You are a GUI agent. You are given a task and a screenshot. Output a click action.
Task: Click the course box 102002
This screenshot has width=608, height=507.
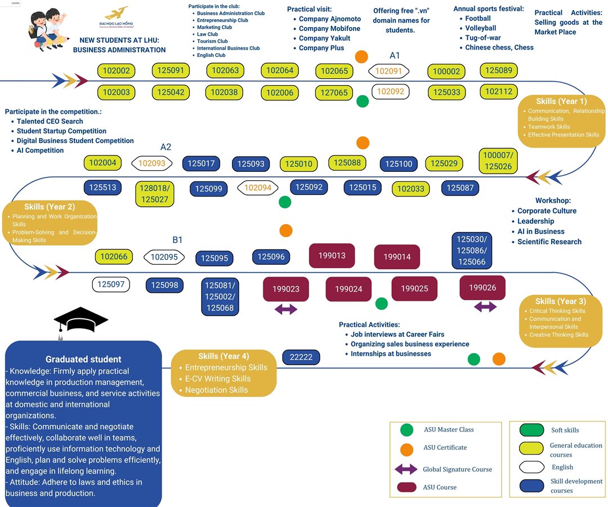(x=117, y=71)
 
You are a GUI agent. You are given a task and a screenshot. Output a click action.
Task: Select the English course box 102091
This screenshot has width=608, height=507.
(x=388, y=71)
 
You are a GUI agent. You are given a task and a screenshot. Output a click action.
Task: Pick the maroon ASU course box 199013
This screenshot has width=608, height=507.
(x=332, y=256)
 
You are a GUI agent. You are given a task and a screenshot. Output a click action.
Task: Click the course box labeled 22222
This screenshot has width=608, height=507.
(x=301, y=357)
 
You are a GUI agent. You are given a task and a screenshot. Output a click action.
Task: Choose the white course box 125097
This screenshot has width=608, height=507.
(x=111, y=284)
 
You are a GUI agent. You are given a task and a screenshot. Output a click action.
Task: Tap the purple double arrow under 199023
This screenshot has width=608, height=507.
(x=285, y=309)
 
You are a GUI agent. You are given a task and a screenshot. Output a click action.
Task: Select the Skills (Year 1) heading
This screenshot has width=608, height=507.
(x=561, y=101)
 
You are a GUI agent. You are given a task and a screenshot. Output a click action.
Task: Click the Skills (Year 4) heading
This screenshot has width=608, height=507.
(x=223, y=356)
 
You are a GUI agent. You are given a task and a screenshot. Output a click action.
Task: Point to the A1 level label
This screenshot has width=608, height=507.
(x=395, y=55)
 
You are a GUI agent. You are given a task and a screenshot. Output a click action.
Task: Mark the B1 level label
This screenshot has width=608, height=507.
(x=177, y=240)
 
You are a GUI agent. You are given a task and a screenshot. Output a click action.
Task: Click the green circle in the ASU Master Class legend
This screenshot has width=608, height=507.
(x=406, y=430)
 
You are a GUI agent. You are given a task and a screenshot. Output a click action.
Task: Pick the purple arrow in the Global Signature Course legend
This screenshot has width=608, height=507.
(x=406, y=469)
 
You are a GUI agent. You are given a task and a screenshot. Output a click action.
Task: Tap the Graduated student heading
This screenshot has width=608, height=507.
(x=83, y=359)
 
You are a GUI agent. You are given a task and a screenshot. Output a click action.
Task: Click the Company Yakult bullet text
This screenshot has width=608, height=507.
(x=324, y=38)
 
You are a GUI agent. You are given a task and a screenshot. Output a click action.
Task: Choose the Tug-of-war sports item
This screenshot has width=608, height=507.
(x=482, y=38)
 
